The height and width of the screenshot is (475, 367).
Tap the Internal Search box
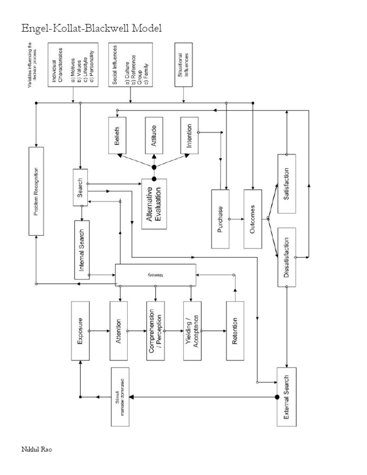click(82, 249)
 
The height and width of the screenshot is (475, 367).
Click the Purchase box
click(220, 219)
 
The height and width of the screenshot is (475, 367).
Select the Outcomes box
click(253, 219)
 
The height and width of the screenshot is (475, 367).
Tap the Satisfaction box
click(287, 184)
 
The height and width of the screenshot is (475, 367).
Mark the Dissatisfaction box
click(287, 257)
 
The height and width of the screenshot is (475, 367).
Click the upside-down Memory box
click(155, 276)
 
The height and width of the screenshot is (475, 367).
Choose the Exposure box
click(80, 331)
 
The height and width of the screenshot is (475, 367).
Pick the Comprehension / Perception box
click(156, 331)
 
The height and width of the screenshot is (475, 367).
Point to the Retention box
click(235, 331)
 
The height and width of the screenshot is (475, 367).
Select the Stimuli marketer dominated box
click(121, 397)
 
